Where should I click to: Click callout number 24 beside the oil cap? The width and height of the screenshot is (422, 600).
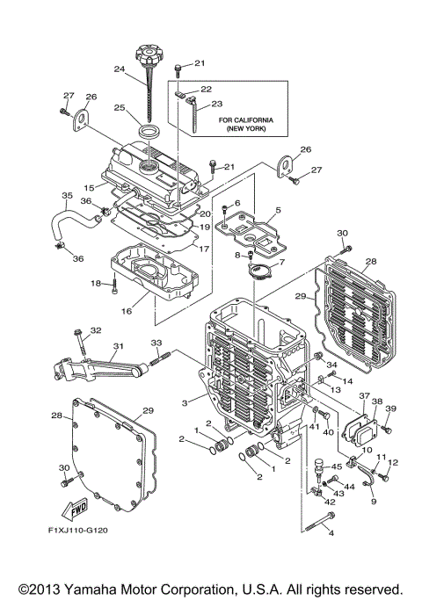pos(120,69)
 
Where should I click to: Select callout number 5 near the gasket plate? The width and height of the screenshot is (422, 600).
pos(277,210)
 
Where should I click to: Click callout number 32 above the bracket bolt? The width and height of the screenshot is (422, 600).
pos(96,330)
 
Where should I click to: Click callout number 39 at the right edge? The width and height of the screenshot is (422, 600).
pos(390,408)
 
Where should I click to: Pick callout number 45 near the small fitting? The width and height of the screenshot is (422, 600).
pos(337,466)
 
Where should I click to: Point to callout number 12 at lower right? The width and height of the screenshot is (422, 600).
pos(393,462)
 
